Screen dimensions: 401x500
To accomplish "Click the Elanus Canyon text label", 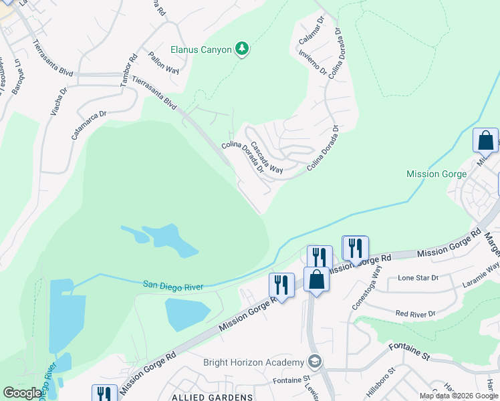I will (201, 49).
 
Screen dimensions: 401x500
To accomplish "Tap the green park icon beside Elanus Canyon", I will (242, 49).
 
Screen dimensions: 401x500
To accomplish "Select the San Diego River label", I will (173, 286).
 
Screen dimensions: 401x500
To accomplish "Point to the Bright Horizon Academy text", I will (254, 362).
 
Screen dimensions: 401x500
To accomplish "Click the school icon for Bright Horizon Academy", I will (314, 362).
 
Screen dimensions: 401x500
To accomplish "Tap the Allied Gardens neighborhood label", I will (213, 397).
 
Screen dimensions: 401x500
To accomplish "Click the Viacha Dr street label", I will (59, 101).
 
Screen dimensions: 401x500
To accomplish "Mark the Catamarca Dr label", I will (89, 126).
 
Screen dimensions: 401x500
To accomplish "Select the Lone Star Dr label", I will (418, 277).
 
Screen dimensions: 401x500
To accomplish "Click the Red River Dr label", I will (415, 313).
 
